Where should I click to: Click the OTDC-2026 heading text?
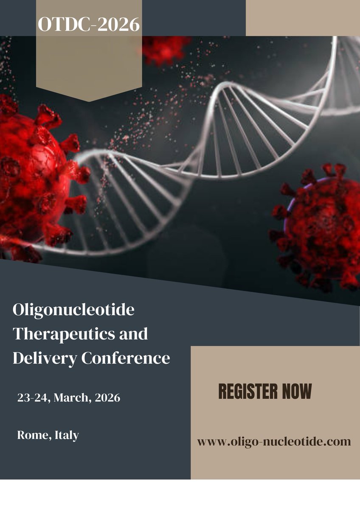(x=89, y=25)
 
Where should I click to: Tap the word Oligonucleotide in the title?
(x=73, y=310)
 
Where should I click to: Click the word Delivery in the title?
(x=44, y=358)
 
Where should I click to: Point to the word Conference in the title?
(x=125, y=358)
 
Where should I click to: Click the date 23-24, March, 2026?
(x=69, y=398)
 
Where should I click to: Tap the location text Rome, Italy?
(x=48, y=435)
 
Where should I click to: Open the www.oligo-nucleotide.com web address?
(x=274, y=442)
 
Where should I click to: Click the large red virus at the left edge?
(x=34, y=174)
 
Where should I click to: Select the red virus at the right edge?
(x=318, y=225)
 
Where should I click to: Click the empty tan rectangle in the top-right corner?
(x=303, y=18)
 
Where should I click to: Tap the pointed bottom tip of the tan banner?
(x=89, y=101)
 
